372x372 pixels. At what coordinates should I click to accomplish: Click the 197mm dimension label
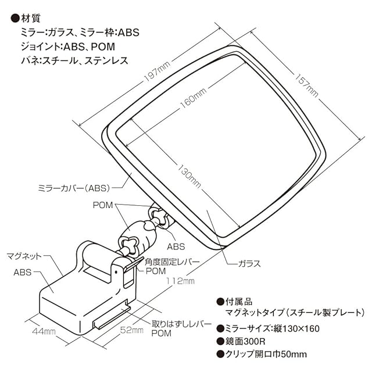tap(158, 71)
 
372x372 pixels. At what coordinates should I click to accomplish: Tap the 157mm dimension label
tap(306, 85)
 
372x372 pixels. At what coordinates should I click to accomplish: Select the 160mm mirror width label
tap(194, 98)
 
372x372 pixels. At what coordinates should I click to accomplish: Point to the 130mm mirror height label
tap(189, 176)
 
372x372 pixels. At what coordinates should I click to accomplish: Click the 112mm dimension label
tap(180, 281)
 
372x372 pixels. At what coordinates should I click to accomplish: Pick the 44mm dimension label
tap(44, 331)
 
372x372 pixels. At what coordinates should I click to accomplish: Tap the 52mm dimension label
tap(132, 330)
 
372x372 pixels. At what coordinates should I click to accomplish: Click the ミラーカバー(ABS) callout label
tap(74, 188)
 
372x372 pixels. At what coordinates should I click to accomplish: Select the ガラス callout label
tap(249, 263)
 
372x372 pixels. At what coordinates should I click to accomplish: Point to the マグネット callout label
tap(24, 256)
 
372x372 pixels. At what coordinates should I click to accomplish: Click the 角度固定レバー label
tap(172, 262)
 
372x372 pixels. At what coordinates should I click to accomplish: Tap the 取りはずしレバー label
tap(181, 324)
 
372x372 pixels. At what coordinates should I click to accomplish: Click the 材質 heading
tap(31, 18)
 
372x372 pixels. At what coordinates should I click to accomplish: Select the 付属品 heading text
tap(239, 302)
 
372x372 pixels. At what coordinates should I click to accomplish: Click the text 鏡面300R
tap(245, 341)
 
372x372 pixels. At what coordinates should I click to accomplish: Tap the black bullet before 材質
tap(15, 19)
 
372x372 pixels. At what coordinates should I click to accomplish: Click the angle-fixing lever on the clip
tap(134, 263)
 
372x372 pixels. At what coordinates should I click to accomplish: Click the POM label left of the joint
tap(103, 205)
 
